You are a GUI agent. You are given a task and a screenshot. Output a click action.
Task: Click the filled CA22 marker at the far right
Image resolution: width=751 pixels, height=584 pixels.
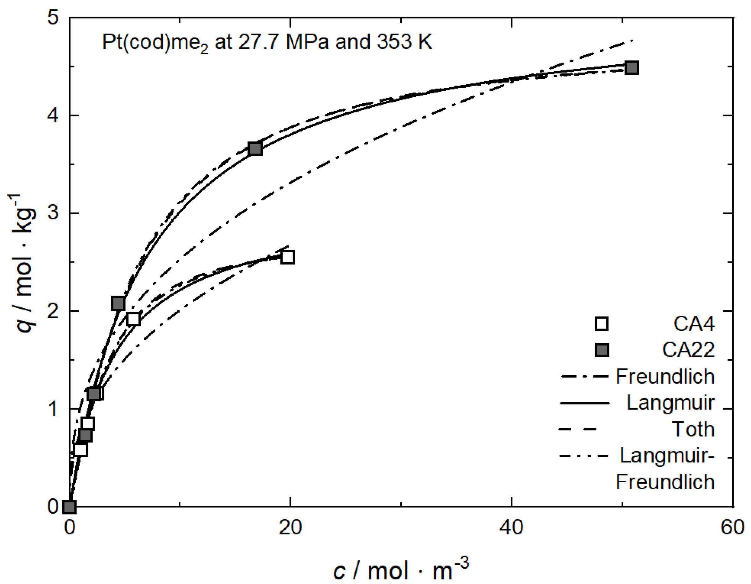tap(632, 68)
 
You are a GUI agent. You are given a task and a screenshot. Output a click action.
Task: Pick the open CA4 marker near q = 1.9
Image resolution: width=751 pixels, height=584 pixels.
tap(133, 319)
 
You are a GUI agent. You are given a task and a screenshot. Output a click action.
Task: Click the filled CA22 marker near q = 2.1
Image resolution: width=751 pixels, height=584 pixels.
tap(118, 303)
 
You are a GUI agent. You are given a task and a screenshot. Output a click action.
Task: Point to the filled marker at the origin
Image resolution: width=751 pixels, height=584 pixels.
tap(70, 507)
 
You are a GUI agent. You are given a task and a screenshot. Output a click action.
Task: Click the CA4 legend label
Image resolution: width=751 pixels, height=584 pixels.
tap(694, 324)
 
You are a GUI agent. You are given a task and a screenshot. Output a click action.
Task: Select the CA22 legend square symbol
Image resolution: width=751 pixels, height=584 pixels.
tap(602, 350)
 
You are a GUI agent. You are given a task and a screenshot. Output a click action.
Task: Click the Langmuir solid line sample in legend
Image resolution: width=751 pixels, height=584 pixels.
tap(585, 403)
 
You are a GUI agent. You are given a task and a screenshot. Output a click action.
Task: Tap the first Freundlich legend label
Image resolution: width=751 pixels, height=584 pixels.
tap(665, 376)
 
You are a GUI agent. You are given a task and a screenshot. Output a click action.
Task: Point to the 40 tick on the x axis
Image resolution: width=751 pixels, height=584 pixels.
tap(511, 528)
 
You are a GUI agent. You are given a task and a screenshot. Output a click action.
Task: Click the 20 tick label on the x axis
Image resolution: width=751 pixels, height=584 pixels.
tap(290, 528)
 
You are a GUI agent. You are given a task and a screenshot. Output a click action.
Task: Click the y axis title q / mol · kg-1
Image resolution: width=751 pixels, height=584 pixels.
tap(23, 263)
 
